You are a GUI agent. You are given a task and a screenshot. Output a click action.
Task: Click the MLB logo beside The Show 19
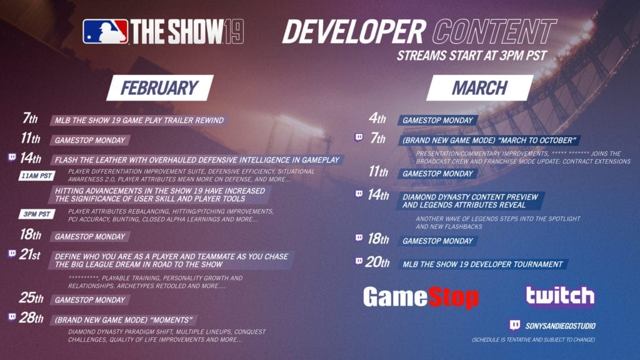[105, 32]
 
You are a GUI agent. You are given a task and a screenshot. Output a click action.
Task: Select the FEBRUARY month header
[160, 87]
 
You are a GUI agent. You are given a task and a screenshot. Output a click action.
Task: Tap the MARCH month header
[480, 87]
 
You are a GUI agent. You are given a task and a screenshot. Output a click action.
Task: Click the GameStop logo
[421, 297]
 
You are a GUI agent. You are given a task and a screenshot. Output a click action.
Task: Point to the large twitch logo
[560, 296]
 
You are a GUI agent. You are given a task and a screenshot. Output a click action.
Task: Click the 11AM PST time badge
[37, 176]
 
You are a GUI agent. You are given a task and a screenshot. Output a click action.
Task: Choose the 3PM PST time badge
[37, 214]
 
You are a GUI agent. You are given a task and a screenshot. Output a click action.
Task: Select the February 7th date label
[30, 118]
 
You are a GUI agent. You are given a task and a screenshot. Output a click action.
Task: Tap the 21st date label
[30, 255]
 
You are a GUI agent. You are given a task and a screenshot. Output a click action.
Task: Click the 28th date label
[31, 317]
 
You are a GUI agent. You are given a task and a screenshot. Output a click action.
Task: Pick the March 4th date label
[377, 118]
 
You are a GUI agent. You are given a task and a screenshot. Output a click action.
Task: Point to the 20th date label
[377, 262]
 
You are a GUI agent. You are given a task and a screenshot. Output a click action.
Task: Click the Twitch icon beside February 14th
[12, 157]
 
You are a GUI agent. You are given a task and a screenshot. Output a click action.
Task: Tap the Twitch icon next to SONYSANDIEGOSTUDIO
[515, 325]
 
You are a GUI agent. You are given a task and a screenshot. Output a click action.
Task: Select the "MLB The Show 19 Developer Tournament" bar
[482, 264]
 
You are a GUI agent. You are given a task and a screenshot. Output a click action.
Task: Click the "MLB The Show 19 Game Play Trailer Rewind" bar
[139, 121]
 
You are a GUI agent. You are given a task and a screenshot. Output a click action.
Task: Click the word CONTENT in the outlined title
[494, 31]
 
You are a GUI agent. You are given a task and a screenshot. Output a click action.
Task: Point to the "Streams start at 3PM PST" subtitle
[471, 56]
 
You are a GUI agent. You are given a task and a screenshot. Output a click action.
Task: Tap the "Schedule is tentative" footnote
[533, 339]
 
